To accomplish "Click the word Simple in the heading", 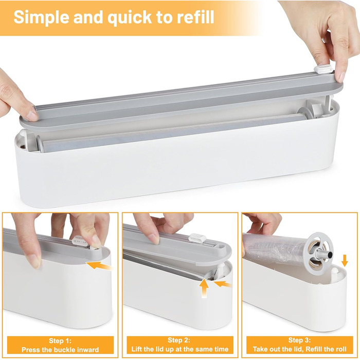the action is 41,17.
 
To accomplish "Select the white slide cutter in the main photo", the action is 323,69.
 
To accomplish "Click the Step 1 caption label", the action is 60,345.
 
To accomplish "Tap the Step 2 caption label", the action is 180,345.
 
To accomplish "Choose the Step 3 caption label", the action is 300,345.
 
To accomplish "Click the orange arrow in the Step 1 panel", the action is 99,266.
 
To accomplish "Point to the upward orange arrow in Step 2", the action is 204,288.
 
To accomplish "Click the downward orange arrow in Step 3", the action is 345,260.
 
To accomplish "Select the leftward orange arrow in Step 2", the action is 223,284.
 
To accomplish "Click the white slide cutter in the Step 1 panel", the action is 80,241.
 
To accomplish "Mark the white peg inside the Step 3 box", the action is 334,274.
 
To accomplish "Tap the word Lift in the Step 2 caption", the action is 136,349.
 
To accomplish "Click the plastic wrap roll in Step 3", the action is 276,250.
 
